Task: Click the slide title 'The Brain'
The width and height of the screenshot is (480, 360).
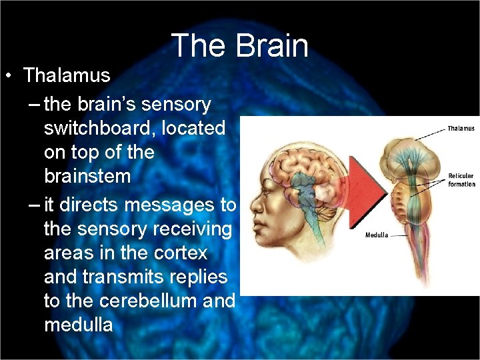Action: tap(240, 46)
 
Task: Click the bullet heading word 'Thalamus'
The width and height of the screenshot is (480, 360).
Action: tap(67, 75)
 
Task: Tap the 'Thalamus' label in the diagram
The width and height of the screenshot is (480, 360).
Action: tap(461, 128)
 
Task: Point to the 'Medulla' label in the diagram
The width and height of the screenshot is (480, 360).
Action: tap(377, 235)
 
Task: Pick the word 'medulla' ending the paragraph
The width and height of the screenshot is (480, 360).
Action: tap(78, 325)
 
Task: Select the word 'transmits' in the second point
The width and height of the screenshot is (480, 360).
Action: tap(110, 277)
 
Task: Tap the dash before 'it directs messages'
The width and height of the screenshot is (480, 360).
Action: tap(33, 204)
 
